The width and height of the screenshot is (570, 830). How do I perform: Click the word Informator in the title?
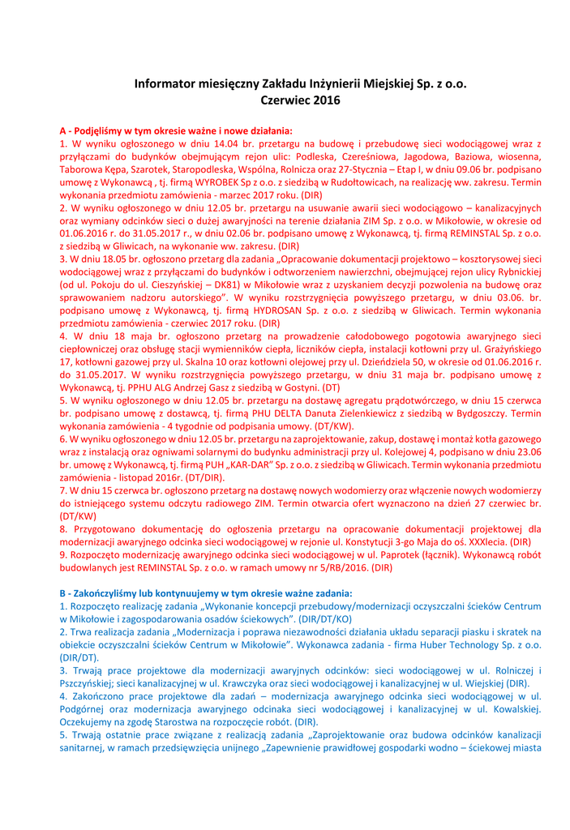(x=164, y=83)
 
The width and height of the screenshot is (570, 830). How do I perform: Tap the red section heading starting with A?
(x=176, y=130)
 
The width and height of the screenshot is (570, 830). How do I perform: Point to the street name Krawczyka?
(x=236, y=684)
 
